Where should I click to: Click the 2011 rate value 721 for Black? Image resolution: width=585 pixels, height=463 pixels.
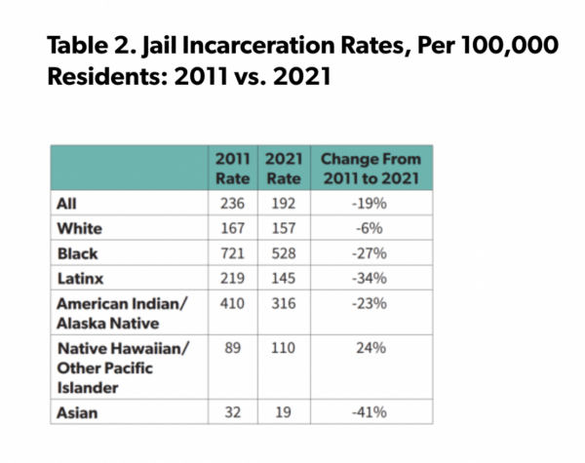tap(234, 253)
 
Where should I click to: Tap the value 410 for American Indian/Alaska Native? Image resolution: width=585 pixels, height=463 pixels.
tap(234, 303)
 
